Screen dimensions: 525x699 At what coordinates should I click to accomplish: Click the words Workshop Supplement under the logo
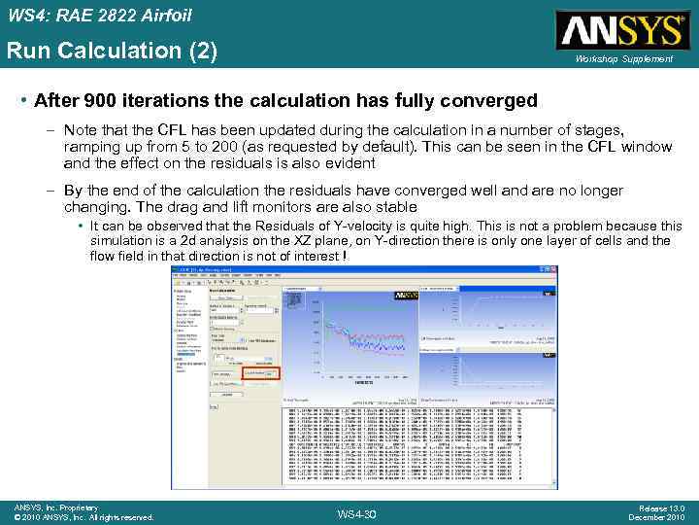tap(623, 59)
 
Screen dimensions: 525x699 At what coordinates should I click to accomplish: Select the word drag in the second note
tap(490, 191)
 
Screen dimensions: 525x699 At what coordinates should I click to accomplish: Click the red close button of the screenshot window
tap(552, 270)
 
